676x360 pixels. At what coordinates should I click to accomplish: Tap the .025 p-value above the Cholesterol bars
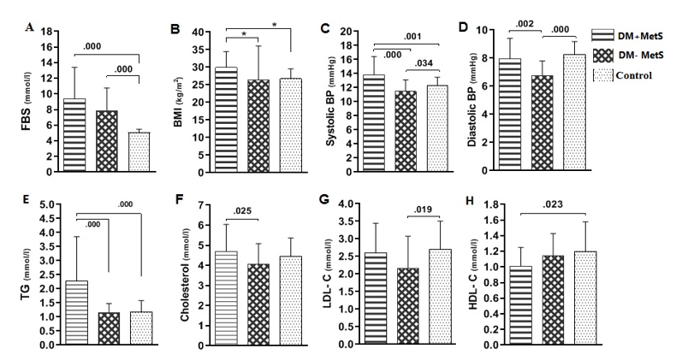coord(242,212)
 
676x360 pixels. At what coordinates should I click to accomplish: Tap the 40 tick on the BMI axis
coord(200,32)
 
